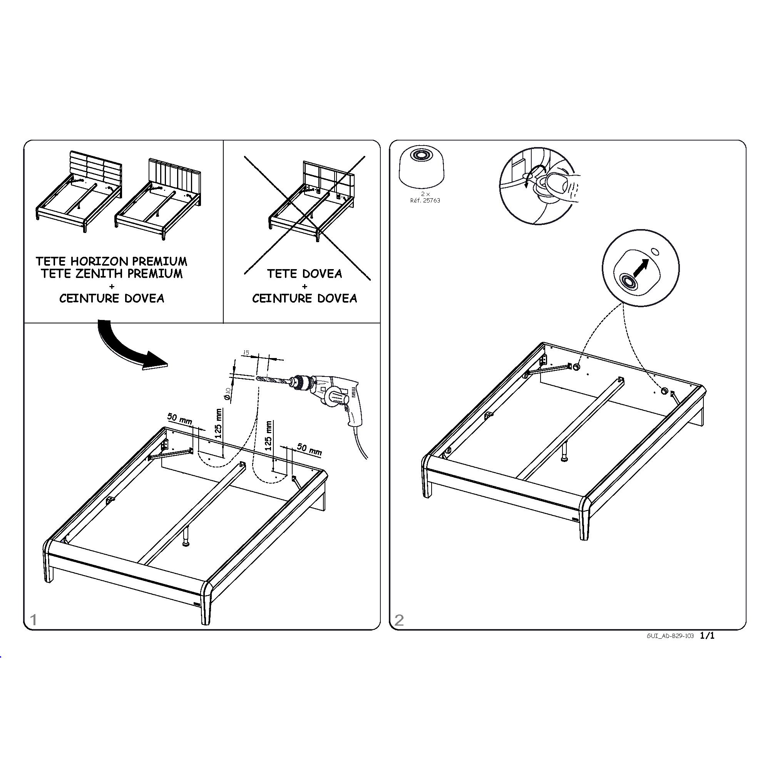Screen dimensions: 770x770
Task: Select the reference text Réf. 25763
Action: point(425,201)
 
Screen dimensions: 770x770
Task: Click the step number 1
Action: point(33,620)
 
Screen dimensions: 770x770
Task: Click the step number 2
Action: point(399,620)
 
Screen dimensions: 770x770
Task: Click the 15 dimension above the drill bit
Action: point(246,353)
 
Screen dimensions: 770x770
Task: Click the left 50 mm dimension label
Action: point(180,419)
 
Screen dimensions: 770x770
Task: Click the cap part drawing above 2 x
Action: point(422,166)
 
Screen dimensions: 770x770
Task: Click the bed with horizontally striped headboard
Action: point(79,191)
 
